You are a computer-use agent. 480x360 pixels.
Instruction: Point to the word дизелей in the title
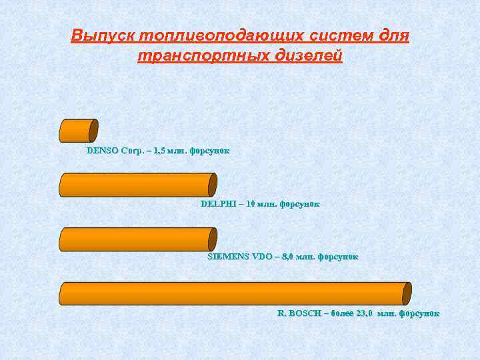(307, 55)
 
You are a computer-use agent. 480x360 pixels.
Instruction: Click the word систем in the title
(331, 35)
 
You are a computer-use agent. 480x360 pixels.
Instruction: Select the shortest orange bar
(78, 131)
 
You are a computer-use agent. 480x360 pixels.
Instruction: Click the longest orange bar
(233, 293)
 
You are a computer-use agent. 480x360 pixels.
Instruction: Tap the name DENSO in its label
(103, 151)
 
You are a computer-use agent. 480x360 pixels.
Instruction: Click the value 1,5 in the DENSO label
(161, 151)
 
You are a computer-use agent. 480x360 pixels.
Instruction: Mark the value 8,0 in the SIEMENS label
(287, 256)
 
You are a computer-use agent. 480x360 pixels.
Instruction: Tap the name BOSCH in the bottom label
(304, 313)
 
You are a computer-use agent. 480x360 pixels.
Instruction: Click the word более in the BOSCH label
(337, 313)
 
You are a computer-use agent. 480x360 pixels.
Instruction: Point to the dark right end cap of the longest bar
(407, 293)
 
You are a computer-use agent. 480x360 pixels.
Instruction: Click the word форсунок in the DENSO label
(209, 151)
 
